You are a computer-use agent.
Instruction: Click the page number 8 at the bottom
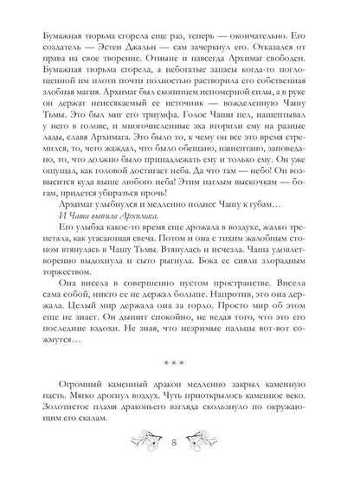pyautogui.click(x=180, y=457)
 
